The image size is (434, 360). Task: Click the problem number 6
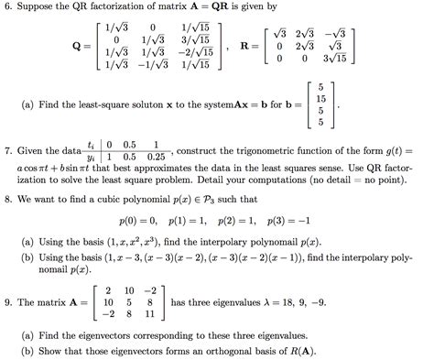click(7, 8)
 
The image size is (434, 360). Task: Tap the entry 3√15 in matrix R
click(337, 57)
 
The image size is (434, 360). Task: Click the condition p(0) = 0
click(138, 220)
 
